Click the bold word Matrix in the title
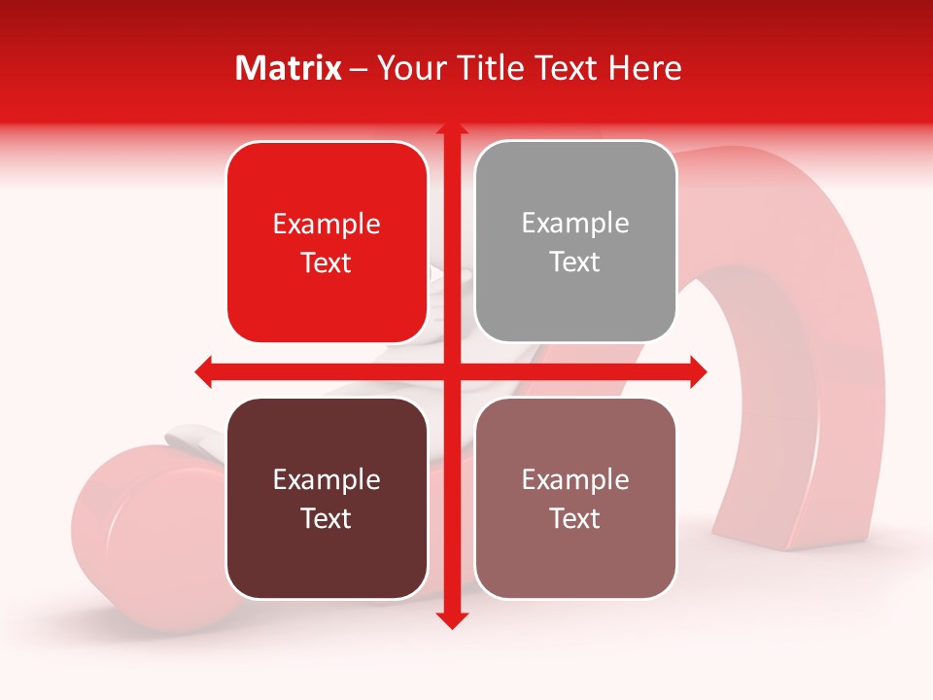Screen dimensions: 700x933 289,68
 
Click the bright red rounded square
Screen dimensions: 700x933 327,243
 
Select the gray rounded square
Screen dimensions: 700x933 575,242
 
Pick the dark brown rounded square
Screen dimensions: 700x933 327,498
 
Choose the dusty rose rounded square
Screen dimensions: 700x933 575,498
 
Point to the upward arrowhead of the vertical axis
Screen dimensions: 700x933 451,129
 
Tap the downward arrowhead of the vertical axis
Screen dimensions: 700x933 451,619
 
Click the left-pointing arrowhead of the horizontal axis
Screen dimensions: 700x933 203,371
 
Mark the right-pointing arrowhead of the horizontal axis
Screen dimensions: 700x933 698,371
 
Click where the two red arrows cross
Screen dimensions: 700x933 451,371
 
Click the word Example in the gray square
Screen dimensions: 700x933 575,223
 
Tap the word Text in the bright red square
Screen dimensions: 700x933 327,262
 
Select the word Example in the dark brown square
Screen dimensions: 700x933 327,479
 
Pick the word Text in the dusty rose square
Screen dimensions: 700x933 575,518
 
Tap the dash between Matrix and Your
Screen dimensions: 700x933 360,69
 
